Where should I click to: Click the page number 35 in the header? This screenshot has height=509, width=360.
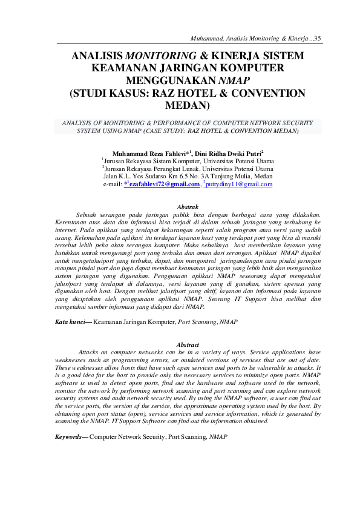pyautogui.click(x=318, y=38)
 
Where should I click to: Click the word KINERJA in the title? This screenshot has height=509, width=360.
pyautogui.click(x=231, y=56)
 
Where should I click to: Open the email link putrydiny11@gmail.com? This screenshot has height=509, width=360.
pyautogui.click(x=240, y=184)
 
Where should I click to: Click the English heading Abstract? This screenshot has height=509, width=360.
pyautogui.click(x=187, y=345)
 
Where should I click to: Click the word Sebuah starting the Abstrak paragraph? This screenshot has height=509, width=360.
pyautogui.click(x=90, y=215)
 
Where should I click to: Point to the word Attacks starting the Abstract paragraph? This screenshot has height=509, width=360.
pyautogui.click(x=91, y=352)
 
